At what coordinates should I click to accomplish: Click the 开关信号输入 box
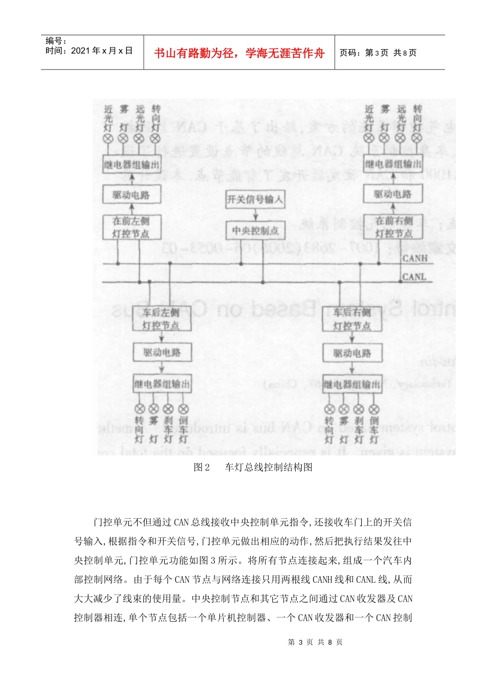(x=255, y=199)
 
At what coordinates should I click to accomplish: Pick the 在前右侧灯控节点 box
(x=393, y=227)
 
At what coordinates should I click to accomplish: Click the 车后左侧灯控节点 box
(x=161, y=318)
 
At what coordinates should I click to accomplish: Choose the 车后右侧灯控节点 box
(x=351, y=319)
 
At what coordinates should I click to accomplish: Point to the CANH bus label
(x=414, y=259)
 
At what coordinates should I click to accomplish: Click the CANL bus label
(x=414, y=277)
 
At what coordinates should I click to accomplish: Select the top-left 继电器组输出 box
(x=131, y=165)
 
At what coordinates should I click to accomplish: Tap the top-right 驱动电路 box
(x=392, y=194)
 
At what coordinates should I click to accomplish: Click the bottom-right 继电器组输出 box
(x=352, y=384)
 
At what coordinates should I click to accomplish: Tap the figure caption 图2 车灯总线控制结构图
(x=253, y=467)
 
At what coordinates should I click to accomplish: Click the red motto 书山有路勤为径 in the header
(x=239, y=53)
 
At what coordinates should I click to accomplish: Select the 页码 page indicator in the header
(x=378, y=53)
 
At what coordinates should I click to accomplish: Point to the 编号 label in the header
(x=56, y=41)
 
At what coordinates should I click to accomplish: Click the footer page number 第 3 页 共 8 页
(x=315, y=642)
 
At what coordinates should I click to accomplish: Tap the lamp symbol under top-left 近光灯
(x=107, y=139)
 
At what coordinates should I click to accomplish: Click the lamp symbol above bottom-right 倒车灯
(x=374, y=409)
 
